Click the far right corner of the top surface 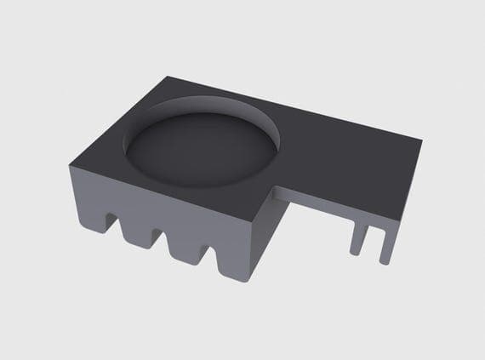[x=421, y=140]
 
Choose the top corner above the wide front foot [x=256, y=219]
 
